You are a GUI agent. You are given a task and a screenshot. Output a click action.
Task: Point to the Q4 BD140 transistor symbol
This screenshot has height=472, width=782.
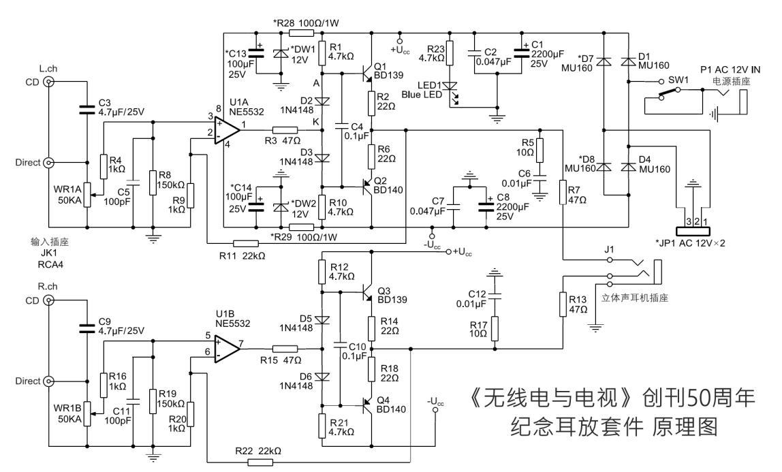(x=368, y=406)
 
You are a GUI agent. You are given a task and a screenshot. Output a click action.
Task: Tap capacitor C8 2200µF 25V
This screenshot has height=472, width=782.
(x=486, y=204)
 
